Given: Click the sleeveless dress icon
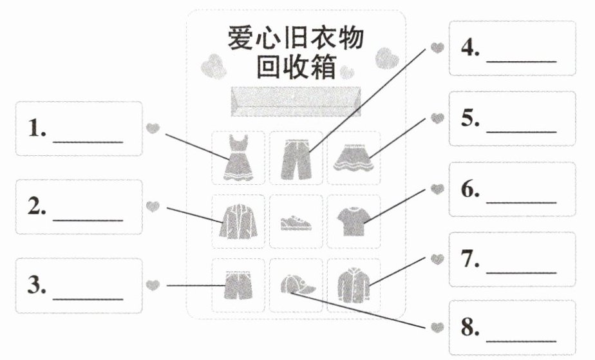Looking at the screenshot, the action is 238,157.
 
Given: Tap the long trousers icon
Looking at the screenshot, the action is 296,159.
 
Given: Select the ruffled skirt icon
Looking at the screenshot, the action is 354,158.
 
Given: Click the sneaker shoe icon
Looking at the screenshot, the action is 296,223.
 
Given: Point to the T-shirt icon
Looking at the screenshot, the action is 354,221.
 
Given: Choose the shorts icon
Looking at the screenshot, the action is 238,285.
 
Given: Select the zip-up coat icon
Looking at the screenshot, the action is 354,285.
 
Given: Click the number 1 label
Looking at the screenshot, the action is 37,128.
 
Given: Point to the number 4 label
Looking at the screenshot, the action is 470,48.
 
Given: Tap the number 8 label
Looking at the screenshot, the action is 470,327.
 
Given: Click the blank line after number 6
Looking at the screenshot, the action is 522,202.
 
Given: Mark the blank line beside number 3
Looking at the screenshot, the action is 88,299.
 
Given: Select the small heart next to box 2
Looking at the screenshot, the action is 153,207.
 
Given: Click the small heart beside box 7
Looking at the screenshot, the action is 437,260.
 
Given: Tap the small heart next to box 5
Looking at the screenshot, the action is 437,118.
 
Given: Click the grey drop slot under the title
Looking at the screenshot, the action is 296,101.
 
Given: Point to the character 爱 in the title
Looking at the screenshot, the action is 241,37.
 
